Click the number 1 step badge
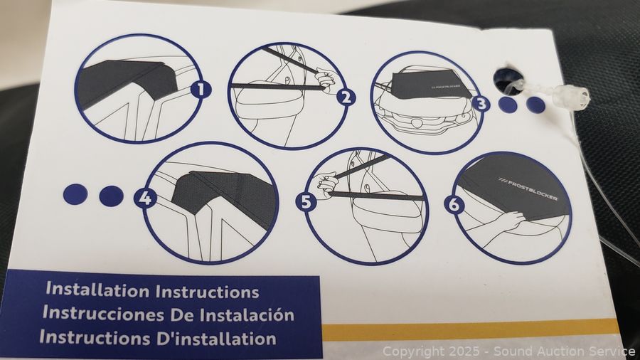pyautogui.click(x=201, y=90)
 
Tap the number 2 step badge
pyautogui.click(x=346, y=98)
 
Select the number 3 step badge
pyautogui.click(x=481, y=104)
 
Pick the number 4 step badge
pyautogui.click(x=145, y=198)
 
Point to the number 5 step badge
pyautogui.click(x=307, y=201)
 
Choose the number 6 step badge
pyautogui.click(x=454, y=204)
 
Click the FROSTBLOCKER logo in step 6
pyautogui.click(x=528, y=189)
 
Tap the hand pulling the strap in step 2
pyautogui.click(x=326, y=79)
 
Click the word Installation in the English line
pyautogui.click(x=97, y=290)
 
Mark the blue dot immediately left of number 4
pyautogui.click(x=111, y=196)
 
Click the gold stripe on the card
pyautogui.click(x=469, y=329)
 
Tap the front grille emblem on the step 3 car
pyautogui.click(x=423, y=122)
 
